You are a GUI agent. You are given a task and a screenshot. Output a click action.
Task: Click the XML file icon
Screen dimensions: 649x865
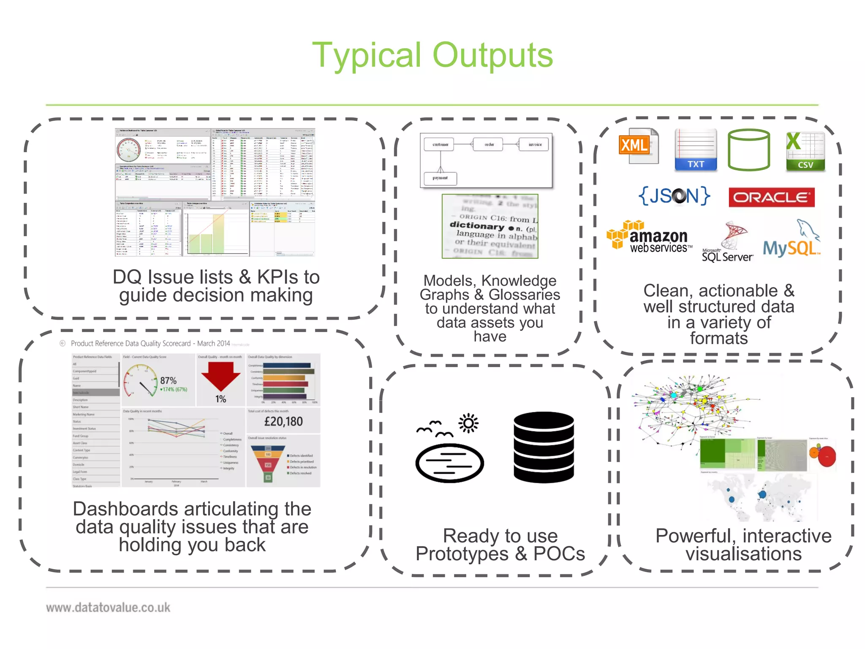(x=638, y=146)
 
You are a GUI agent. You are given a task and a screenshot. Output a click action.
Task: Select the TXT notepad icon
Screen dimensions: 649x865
(x=696, y=150)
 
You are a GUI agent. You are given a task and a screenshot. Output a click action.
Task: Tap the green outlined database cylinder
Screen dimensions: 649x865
(x=749, y=150)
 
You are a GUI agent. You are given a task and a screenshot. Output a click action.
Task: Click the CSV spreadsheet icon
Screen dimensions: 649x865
(x=805, y=151)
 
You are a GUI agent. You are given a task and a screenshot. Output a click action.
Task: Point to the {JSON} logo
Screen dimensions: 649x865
(x=674, y=196)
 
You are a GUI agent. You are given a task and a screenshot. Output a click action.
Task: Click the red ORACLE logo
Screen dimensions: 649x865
(x=771, y=197)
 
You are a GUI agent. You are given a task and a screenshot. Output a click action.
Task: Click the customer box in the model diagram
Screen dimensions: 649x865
(x=440, y=145)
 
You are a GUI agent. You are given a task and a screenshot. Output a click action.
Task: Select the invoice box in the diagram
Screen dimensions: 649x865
(x=535, y=145)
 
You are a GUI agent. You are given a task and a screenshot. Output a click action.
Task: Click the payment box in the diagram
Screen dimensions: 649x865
(x=440, y=178)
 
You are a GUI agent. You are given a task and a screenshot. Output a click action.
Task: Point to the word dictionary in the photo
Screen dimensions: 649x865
(x=476, y=226)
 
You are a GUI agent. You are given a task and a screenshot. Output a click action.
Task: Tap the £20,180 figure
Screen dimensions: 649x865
(x=283, y=421)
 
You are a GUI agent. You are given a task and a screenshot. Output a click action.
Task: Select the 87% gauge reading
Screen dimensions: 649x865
(x=168, y=381)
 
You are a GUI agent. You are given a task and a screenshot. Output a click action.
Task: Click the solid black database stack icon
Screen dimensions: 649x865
(x=544, y=447)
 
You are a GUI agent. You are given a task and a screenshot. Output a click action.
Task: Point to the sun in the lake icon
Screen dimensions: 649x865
(x=468, y=423)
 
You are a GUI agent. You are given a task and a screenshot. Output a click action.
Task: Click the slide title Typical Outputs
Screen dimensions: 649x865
(x=432, y=55)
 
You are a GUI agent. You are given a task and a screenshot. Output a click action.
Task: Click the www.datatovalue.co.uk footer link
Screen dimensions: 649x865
(x=108, y=608)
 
